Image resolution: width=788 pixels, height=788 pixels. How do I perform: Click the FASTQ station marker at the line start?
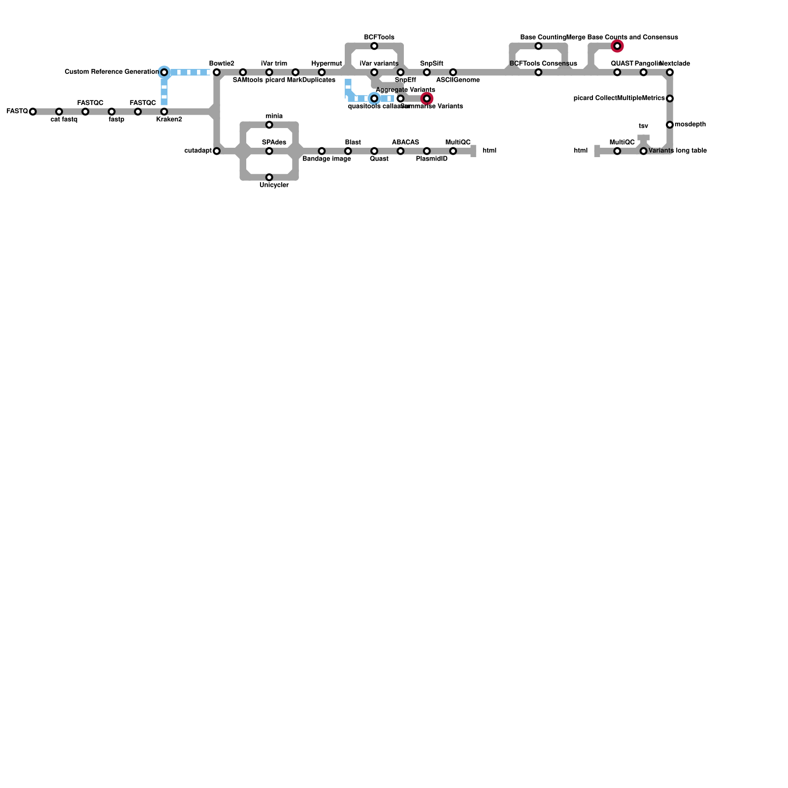pyautogui.click(x=33, y=112)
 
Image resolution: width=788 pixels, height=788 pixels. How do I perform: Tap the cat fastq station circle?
pyautogui.click(x=59, y=112)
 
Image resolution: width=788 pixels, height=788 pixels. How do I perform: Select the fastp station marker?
pyautogui.click(x=112, y=112)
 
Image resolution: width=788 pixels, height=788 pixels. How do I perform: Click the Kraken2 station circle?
pyautogui.click(x=164, y=112)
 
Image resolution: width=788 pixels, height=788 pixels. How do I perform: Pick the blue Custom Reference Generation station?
pyautogui.click(x=164, y=72)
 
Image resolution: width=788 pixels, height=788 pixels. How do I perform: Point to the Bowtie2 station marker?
pyautogui.click(x=217, y=72)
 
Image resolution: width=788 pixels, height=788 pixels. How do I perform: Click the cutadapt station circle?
pyautogui.click(x=217, y=151)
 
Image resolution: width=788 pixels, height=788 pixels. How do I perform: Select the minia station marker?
pyautogui.click(x=269, y=125)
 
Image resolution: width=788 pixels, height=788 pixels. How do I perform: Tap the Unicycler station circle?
pyautogui.click(x=269, y=177)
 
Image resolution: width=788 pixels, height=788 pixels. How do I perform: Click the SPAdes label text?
pyautogui.click(x=274, y=142)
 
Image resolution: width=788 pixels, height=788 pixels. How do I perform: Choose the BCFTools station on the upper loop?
pyautogui.click(x=374, y=46)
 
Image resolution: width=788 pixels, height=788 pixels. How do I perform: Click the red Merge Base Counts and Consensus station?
pyautogui.click(x=617, y=46)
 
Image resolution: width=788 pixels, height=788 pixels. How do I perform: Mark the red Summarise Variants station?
pyautogui.click(x=427, y=99)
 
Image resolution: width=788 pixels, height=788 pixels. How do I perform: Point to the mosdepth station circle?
pyautogui.click(x=670, y=125)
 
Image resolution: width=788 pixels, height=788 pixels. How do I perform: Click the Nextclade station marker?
pyautogui.click(x=670, y=72)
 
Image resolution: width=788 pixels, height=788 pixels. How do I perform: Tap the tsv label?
pyautogui.click(x=643, y=126)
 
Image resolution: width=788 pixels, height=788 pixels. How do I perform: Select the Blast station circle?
pyautogui.click(x=348, y=151)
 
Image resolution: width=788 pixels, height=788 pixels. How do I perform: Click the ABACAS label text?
pyautogui.click(x=405, y=142)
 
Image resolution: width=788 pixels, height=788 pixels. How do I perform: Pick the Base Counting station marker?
pyautogui.click(x=538, y=46)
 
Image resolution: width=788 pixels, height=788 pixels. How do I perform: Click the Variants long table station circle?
pyautogui.click(x=643, y=151)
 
